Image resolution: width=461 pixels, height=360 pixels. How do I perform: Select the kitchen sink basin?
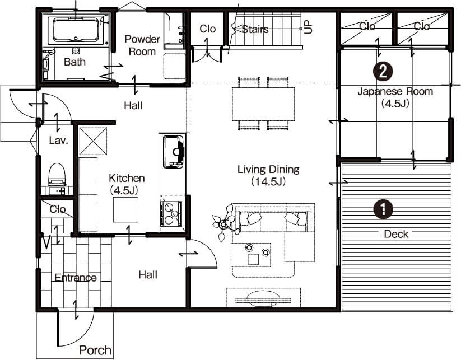click(x=173, y=152)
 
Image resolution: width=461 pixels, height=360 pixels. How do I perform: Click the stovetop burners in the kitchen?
click(x=171, y=213)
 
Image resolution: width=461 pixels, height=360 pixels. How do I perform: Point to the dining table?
click(x=263, y=104)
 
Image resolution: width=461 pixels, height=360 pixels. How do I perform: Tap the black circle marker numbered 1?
click(x=383, y=209)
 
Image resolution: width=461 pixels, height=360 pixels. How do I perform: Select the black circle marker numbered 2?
click(x=383, y=71)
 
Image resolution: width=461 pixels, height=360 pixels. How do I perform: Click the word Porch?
click(x=95, y=350)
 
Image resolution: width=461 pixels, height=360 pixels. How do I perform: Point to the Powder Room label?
click(x=142, y=45)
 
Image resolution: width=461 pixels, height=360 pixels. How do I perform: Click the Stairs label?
click(x=255, y=29)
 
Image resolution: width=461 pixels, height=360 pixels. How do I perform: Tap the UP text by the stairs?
click(x=309, y=27)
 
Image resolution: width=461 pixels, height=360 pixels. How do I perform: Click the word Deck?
click(x=396, y=234)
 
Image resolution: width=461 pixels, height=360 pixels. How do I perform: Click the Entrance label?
click(x=76, y=278)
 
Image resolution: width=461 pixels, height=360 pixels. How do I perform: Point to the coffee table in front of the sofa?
click(x=251, y=255)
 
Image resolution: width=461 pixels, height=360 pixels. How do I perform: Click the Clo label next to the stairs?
click(x=208, y=29)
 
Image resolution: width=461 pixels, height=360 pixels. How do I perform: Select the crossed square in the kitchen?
click(x=93, y=141)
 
